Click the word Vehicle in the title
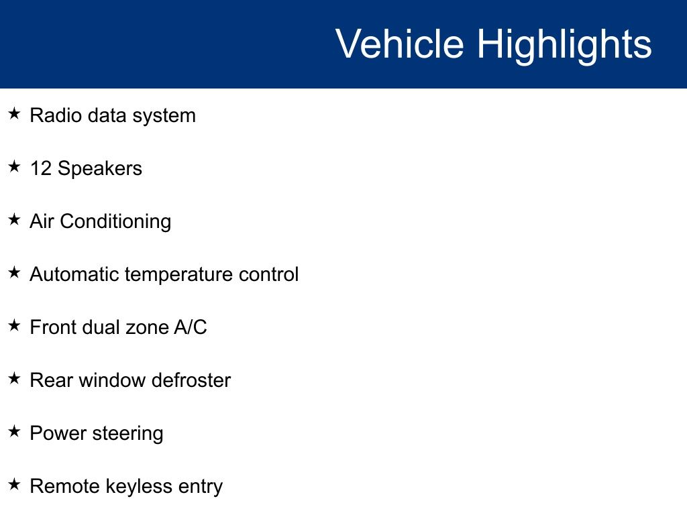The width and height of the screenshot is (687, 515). tap(400, 43)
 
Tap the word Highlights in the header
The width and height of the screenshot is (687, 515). tap(564, 46)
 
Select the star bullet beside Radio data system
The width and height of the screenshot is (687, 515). tap(15, 113)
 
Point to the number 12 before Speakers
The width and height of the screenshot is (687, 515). tap(41, 168)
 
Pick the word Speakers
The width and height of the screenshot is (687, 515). tap(100, 169)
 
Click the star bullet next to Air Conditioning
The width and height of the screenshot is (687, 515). tap(15, 219)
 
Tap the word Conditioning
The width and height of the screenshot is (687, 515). tap(115, 221)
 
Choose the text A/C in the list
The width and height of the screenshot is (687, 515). tap(191, 327)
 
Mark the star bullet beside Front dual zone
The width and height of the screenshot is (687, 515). tap(15, 325)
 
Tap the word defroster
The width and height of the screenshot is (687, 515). tap(191, 380)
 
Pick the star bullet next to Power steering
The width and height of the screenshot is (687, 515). tap(15, 431)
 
